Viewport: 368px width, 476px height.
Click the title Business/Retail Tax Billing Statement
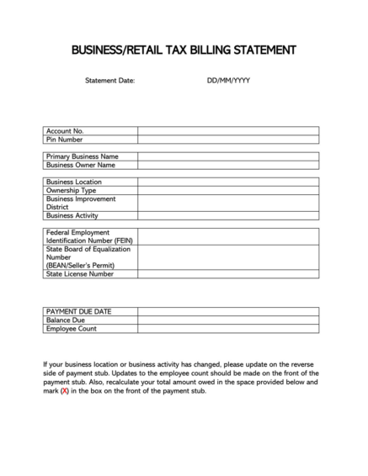[184, 50]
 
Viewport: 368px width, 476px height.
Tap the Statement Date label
[109, 81]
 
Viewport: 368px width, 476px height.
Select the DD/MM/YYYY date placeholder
[228, 81]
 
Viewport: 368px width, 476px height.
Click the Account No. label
[65, 131]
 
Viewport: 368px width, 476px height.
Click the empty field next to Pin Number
[228, 140]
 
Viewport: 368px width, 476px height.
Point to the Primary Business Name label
[82, 156]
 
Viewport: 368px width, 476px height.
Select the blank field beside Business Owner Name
[228, 165]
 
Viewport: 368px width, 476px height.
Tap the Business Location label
[74, 182]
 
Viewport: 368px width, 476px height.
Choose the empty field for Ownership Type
[228, 190]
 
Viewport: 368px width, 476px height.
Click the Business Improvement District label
[75, 203]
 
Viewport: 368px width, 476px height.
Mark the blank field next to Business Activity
[228, 215]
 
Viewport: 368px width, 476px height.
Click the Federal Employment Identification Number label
[89, 236]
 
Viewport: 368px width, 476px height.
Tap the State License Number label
[80, 273]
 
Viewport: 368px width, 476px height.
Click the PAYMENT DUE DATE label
[78, 312]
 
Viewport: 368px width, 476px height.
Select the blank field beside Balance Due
[228, 320]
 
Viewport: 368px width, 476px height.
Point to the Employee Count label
[72, 329]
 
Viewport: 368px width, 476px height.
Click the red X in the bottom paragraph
[64, 391]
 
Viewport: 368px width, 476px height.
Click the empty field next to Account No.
[228, 131]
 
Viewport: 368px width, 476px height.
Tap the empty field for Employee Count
[228, 329]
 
